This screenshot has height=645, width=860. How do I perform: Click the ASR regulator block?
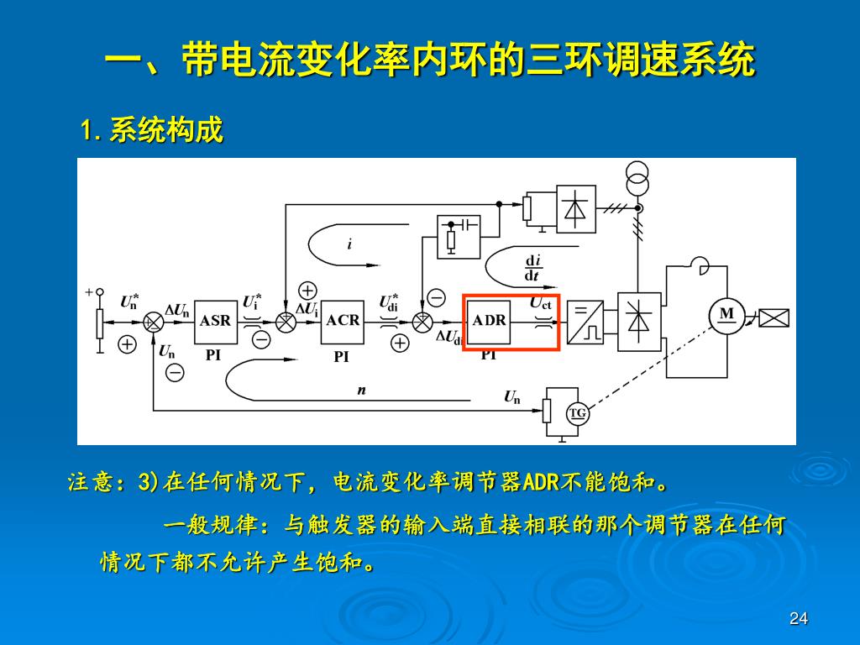(x=216, y=321)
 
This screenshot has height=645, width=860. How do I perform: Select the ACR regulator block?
(x=343, y=321)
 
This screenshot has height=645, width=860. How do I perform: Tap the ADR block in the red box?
(x=489, y=321)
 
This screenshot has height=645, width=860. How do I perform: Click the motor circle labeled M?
(x=726, y=314)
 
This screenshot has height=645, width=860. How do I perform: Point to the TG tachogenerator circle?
(x=578, y=413)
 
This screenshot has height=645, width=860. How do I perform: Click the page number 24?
(x=799, y=619)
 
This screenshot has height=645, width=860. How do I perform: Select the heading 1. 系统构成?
(x=152, y=131)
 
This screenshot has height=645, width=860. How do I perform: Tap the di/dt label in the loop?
(x=532, y=268)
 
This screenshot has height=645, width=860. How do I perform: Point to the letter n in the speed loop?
(x=362, y=390)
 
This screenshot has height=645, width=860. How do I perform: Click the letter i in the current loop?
(x=349, y=244)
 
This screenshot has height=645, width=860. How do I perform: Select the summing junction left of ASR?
(x=154, y=321)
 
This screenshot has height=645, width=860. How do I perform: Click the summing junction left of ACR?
(x=286, y=321)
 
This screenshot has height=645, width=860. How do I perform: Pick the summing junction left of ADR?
(x=422, y=321)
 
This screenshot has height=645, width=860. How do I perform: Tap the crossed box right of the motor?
(x=773, y=317)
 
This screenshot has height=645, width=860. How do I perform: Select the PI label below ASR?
(x=213, y=355)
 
